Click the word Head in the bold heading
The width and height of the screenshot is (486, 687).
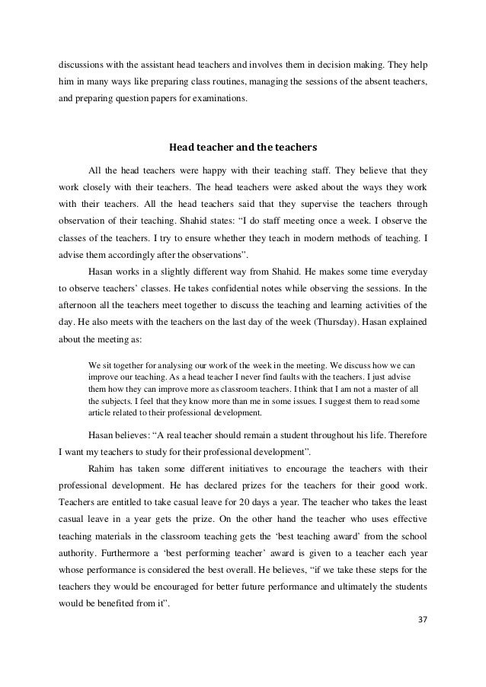pos(181,146)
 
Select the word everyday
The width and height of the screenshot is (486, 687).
pos(408,270)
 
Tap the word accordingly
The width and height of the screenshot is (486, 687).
pos(134,253)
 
